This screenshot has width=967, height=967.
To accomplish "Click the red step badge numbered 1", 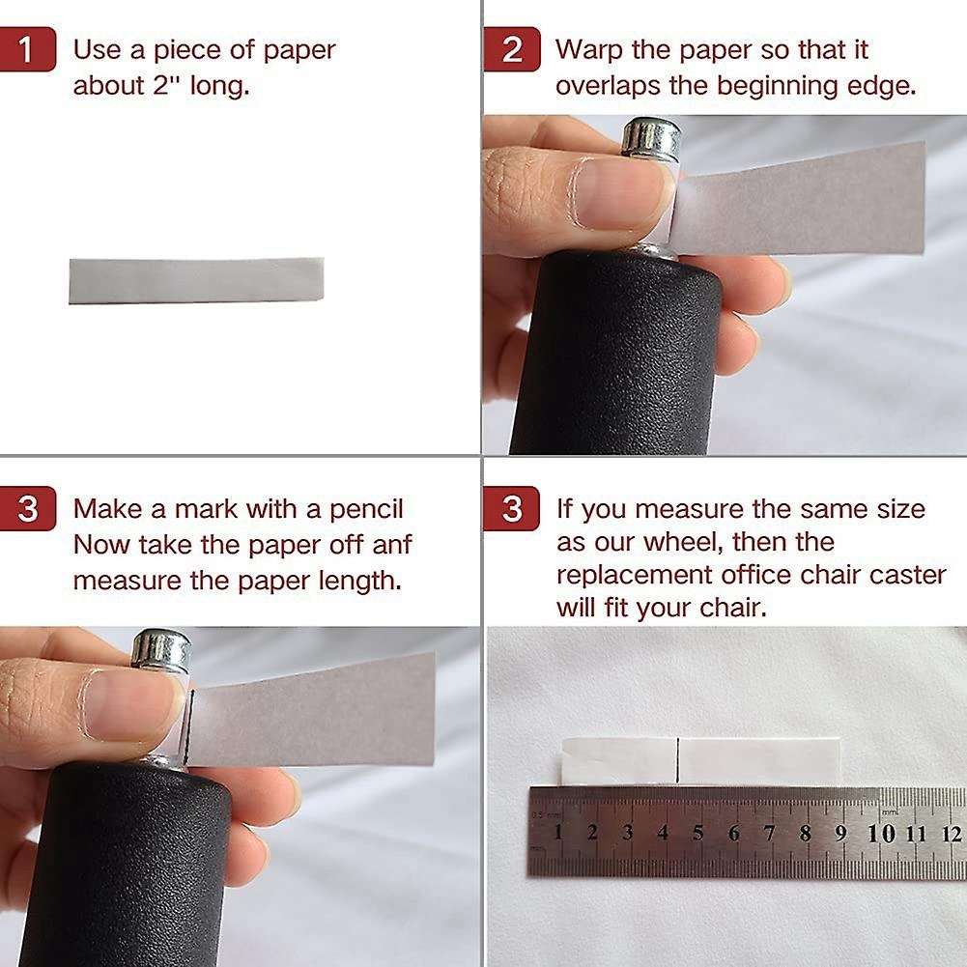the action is (x=27, y=49).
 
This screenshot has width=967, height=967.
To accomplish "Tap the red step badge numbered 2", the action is (x=512, y=49).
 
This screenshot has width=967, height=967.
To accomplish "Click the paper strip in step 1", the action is (x=196, y=280).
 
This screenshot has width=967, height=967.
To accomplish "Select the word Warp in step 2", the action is (x=588, y=50).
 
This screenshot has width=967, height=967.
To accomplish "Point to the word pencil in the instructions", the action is (x=366, y=509).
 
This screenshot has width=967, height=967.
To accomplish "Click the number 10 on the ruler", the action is (x=881, y=834).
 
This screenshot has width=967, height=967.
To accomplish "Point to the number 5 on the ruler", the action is (x=698, y=833).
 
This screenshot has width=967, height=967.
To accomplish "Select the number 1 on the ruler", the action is (x=558, y=832).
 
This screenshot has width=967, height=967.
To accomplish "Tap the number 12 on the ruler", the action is (x=952, y=835).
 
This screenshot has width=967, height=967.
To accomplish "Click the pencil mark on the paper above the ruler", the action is (x=678, y=760).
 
